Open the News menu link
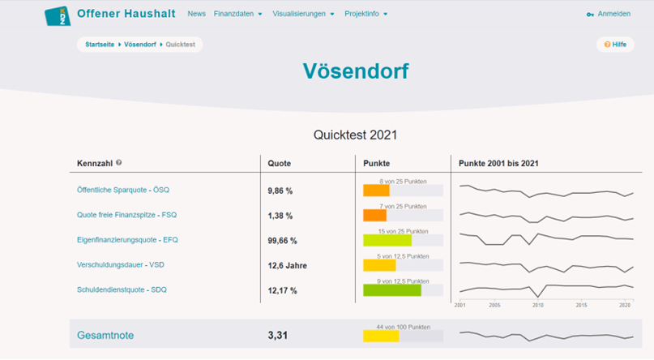pos(196,14)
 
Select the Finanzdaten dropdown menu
pos(237,14)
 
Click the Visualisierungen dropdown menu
pos(303,14)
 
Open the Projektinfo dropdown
pos(365,14)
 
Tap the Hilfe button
pos(615,45)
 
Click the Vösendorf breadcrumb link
pos(141,44)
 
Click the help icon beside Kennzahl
pos(119,163)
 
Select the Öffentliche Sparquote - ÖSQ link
pos(122,190)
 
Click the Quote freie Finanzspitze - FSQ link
pos(126,215)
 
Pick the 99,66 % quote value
pos(282,241)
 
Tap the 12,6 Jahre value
pos(287,265)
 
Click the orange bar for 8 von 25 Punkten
pos(376,191)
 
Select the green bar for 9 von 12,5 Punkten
pos(392,289)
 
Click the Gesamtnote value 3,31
pos(279,335)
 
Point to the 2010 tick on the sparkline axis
pos(536,306)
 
